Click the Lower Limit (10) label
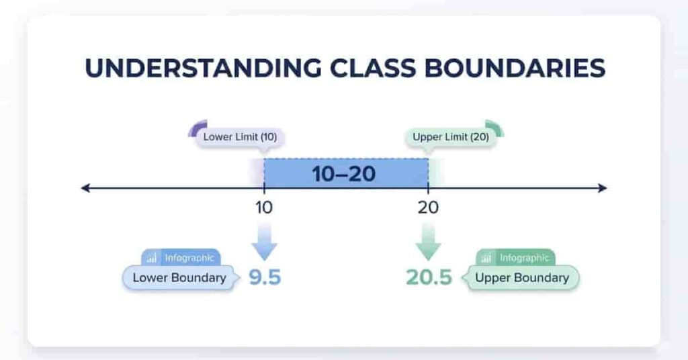click(x=240, y=137)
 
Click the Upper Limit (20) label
click(x=450, y=137)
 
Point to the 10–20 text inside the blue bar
click(x=343, y=174)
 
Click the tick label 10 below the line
click(x=263, y=208)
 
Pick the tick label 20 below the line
click(x=428, y=208)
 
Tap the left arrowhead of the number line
click(x=85, y=188)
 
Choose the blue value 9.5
click(x=265, y=277)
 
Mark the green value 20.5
click(x=429, y=277)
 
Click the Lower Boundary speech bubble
click(x=179, y=277)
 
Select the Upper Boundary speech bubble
click(x=521, y=277)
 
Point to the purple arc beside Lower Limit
click(x=196, y=128)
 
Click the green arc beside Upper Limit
click(x=495, y=128)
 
